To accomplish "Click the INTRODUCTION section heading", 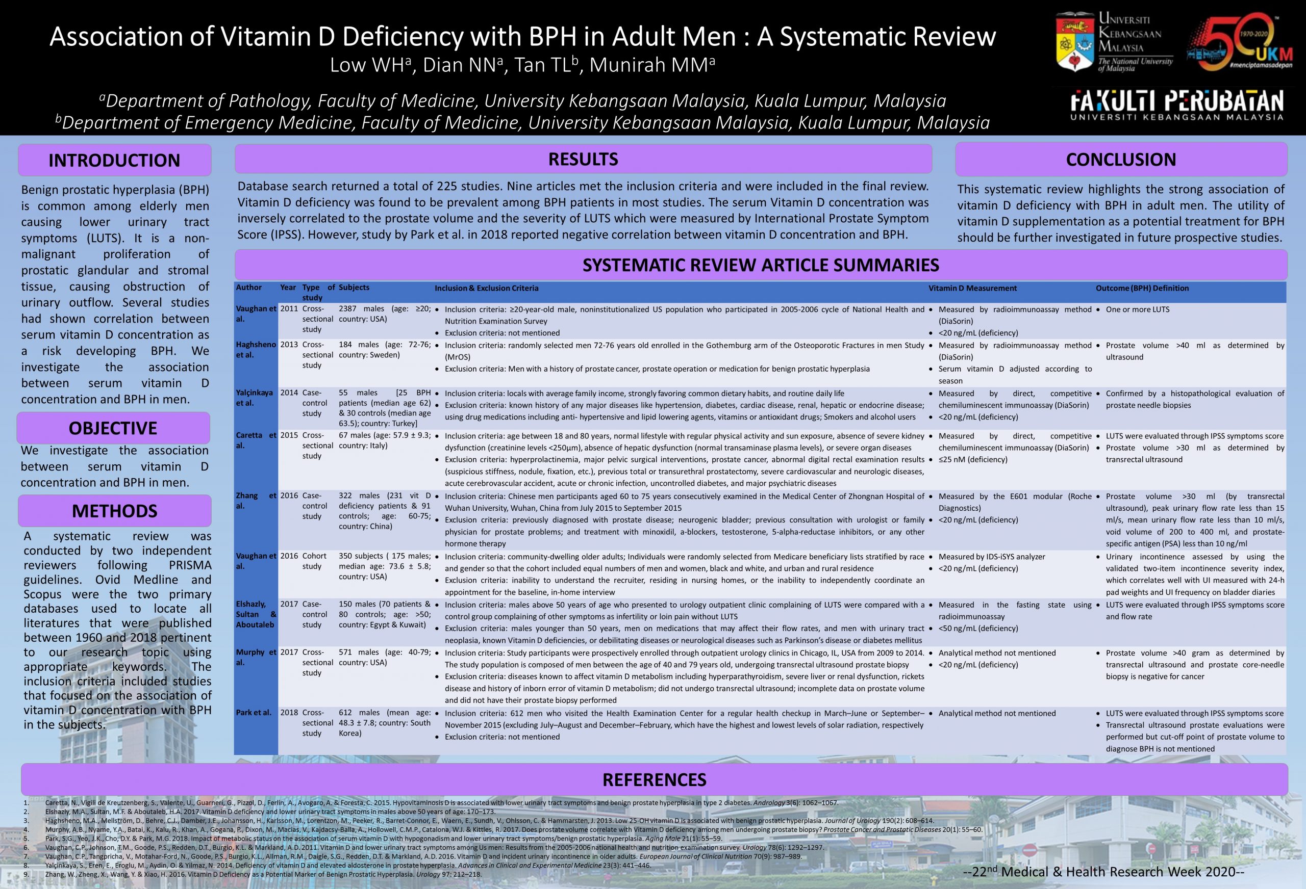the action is (114, 161).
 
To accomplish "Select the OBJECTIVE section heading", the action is (113, 429).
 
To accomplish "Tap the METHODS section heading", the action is (115, 511).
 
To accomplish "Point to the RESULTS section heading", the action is (583, 160).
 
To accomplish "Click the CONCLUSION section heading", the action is (1121, 160).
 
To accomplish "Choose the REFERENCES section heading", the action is (654, 779).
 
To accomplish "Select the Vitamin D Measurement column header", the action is (972, 288).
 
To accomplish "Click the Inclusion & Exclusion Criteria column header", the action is (486, 288).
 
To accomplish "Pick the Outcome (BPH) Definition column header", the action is (1142, 288).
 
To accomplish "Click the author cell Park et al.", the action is (254, 713).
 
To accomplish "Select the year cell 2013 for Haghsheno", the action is (289, 345).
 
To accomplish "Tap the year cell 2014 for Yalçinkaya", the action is (289, 393).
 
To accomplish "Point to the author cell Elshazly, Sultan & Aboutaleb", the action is (256, 614).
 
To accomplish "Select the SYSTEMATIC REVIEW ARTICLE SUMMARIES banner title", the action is (760, 265).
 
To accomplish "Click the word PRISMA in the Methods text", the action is (190, 565).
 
